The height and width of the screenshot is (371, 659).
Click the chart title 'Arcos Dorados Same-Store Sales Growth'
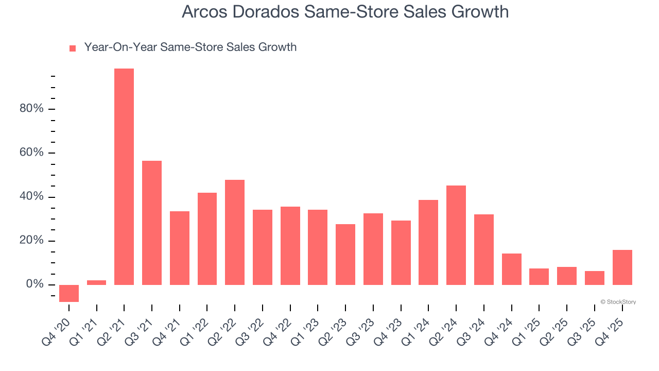coord(345,12)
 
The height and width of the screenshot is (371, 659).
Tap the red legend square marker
coord(73,48)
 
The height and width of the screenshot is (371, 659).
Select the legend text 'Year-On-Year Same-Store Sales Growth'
coord(190,47)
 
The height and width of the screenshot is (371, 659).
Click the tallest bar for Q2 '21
coord(124,177)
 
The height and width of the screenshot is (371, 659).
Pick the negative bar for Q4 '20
coord(69,293)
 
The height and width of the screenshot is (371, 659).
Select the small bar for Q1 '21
coord(97,282)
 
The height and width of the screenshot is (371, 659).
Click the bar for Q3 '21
coord(152,223)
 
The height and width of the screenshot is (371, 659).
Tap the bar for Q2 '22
coord(235,232)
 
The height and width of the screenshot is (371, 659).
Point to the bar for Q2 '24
coord(456,235)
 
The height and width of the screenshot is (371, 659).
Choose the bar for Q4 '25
coord(622,267)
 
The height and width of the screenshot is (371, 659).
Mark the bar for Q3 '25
coord(595,278)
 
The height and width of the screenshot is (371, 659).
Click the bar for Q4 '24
coord(512,269)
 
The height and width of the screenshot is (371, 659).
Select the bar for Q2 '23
coord(345,255)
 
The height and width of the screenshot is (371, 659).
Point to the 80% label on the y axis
coord(31,109)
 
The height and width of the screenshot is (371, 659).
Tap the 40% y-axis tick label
coord(31,197)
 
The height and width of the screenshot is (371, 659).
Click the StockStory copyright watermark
coord(618,302)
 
